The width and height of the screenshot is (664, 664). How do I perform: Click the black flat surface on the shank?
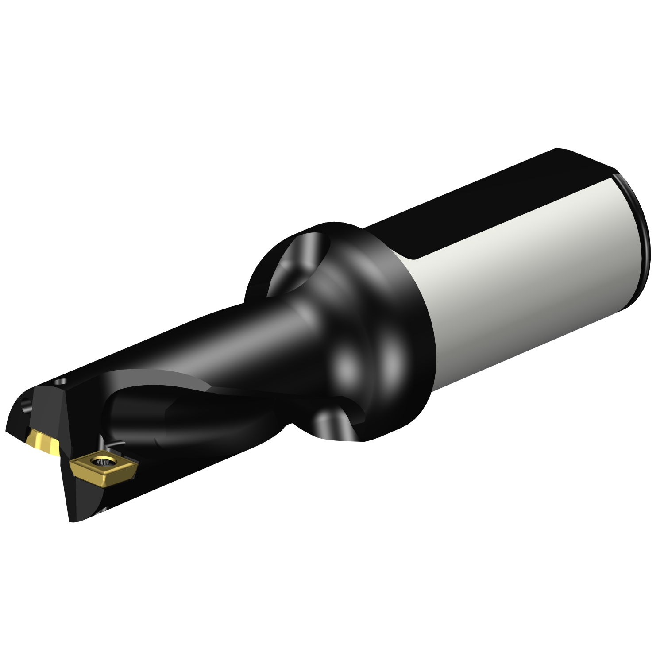(487, 199)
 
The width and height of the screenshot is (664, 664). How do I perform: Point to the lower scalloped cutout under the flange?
(336, 425)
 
